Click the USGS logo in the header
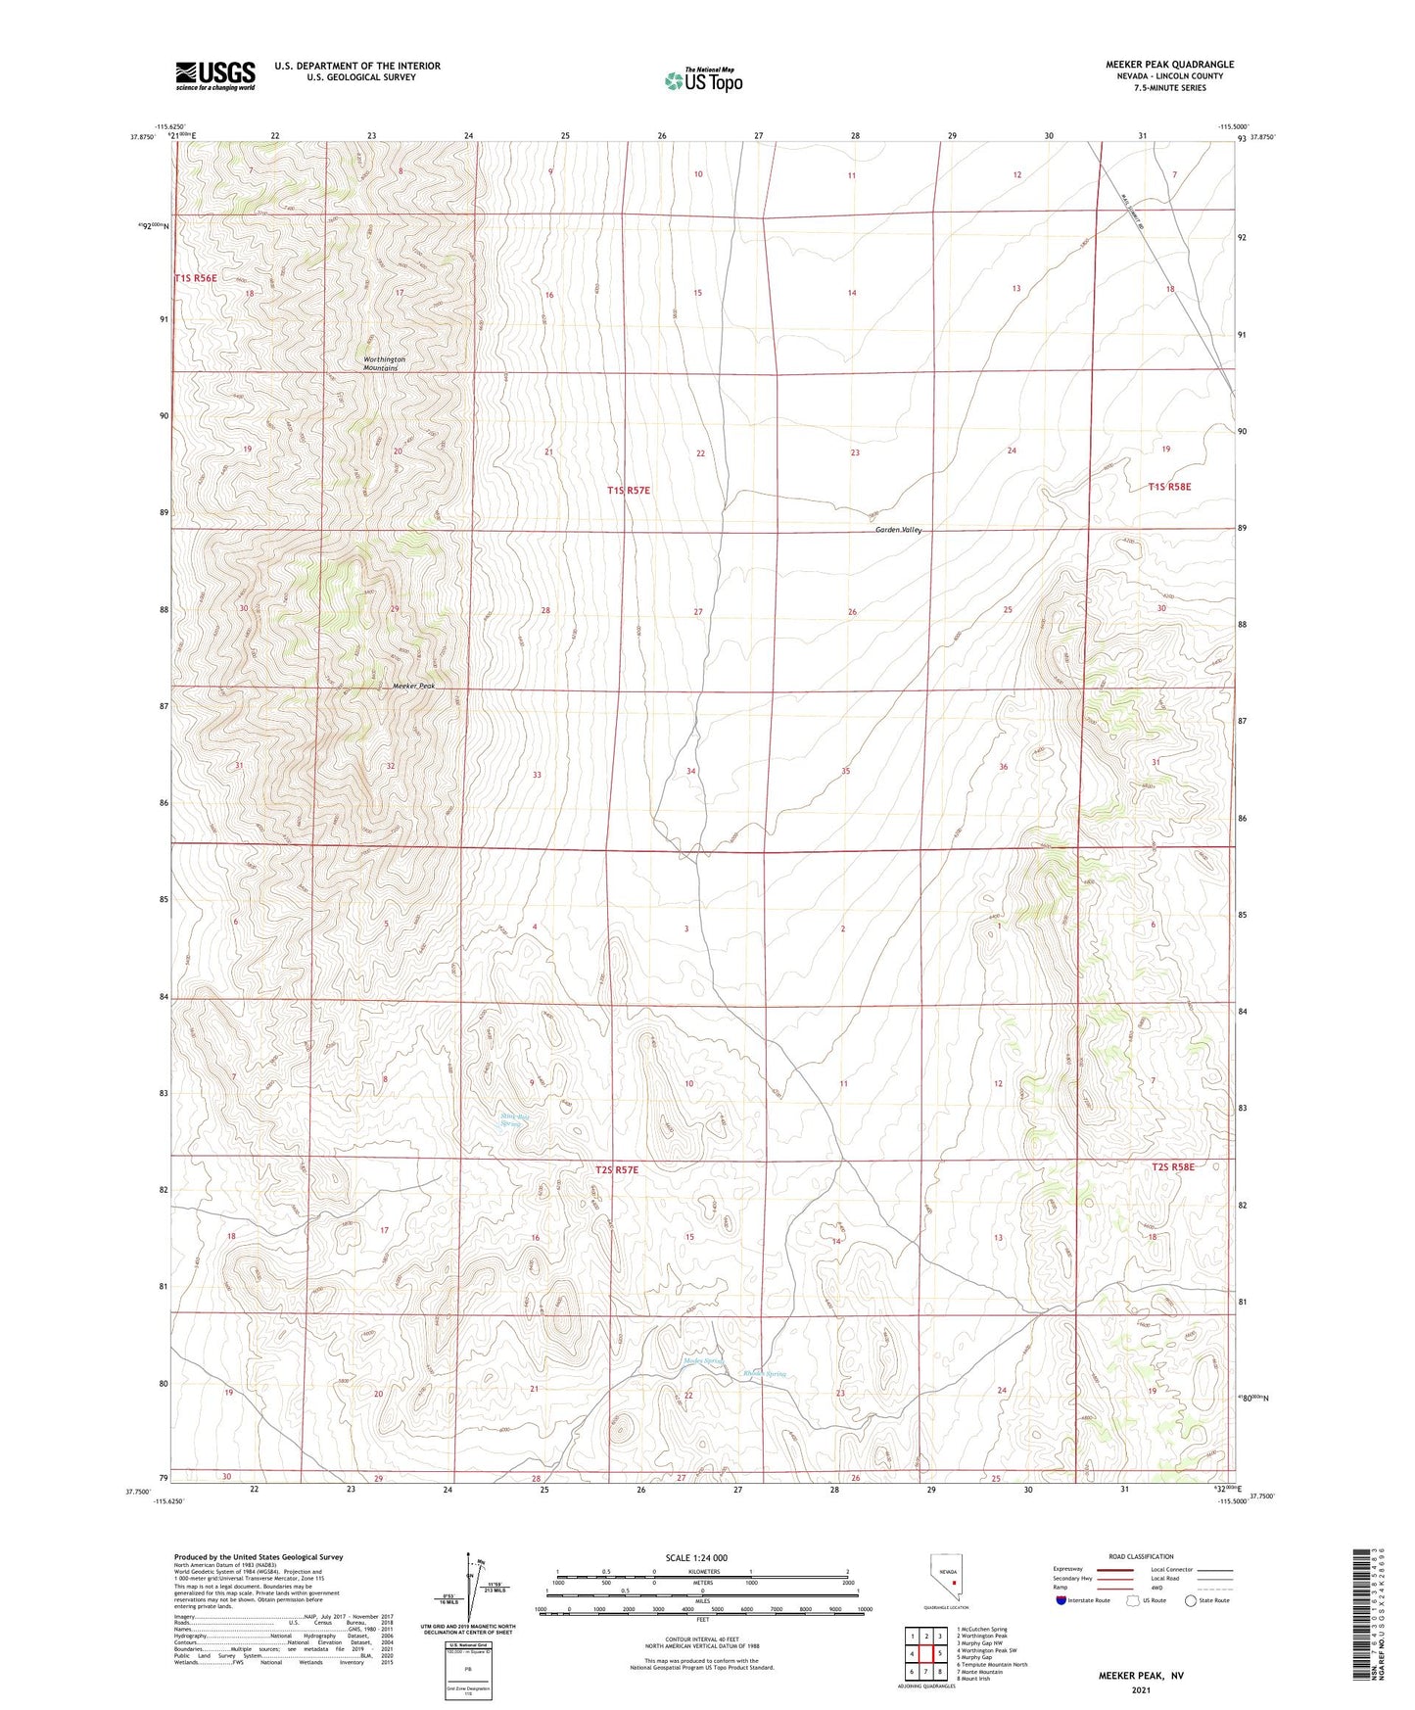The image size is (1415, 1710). pyautogui.click(x=215, y=75)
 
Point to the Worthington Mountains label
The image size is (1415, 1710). pyautogui.click(x=384, y=363)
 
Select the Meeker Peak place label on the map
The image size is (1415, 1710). pyautogui.click(x=412, y=686)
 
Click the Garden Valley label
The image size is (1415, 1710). pyautogui.click(x=898, y=530)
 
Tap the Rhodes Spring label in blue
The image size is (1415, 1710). pyautogui.click(x=764, y=1374)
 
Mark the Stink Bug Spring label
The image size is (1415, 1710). pyautogui.click(x=512, y=1118)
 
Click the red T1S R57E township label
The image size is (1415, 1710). pyautogui.click(x=628, y=489)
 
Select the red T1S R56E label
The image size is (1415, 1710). pyautogui.click(x=196, y=278)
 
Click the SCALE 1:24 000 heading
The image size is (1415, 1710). pyautogui.click(x=696, y=1557)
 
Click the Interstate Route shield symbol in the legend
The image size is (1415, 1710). pyautogui.click(x=1062, y=1600)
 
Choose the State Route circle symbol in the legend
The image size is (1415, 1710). pyautogui.click(x=1191, y=1600)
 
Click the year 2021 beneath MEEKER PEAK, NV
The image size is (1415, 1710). pyautogui.click(x=1141, y=1690)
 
